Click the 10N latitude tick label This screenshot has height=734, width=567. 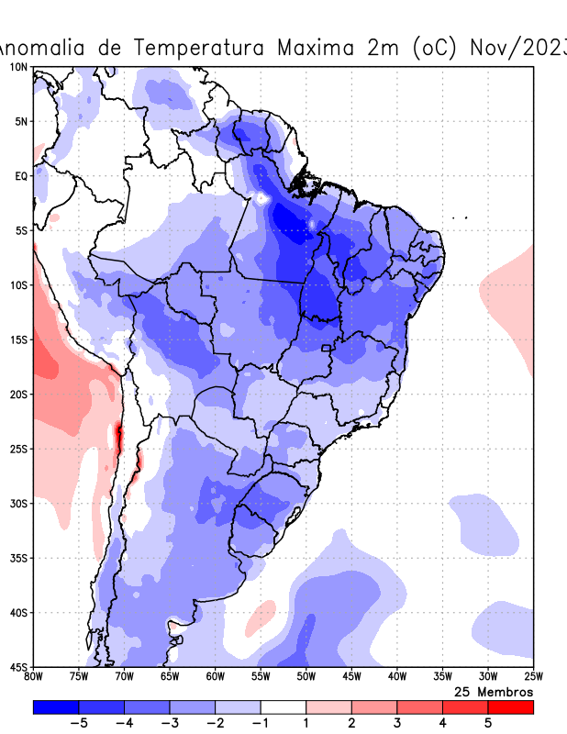click(17, 67)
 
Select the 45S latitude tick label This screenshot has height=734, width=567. click(17, 667)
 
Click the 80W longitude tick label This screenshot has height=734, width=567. click(34, 677)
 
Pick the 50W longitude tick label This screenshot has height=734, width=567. click(306, 677)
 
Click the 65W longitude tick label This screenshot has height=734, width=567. click(170, 677)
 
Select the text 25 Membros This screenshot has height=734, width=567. click(493, 691)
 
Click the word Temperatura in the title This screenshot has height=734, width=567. click(203, 48)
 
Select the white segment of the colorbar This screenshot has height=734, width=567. click(283, 707)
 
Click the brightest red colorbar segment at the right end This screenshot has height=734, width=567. click(510, 707)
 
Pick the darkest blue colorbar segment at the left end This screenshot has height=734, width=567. click(55, 707)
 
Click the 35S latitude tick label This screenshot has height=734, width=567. click(17, 558)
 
